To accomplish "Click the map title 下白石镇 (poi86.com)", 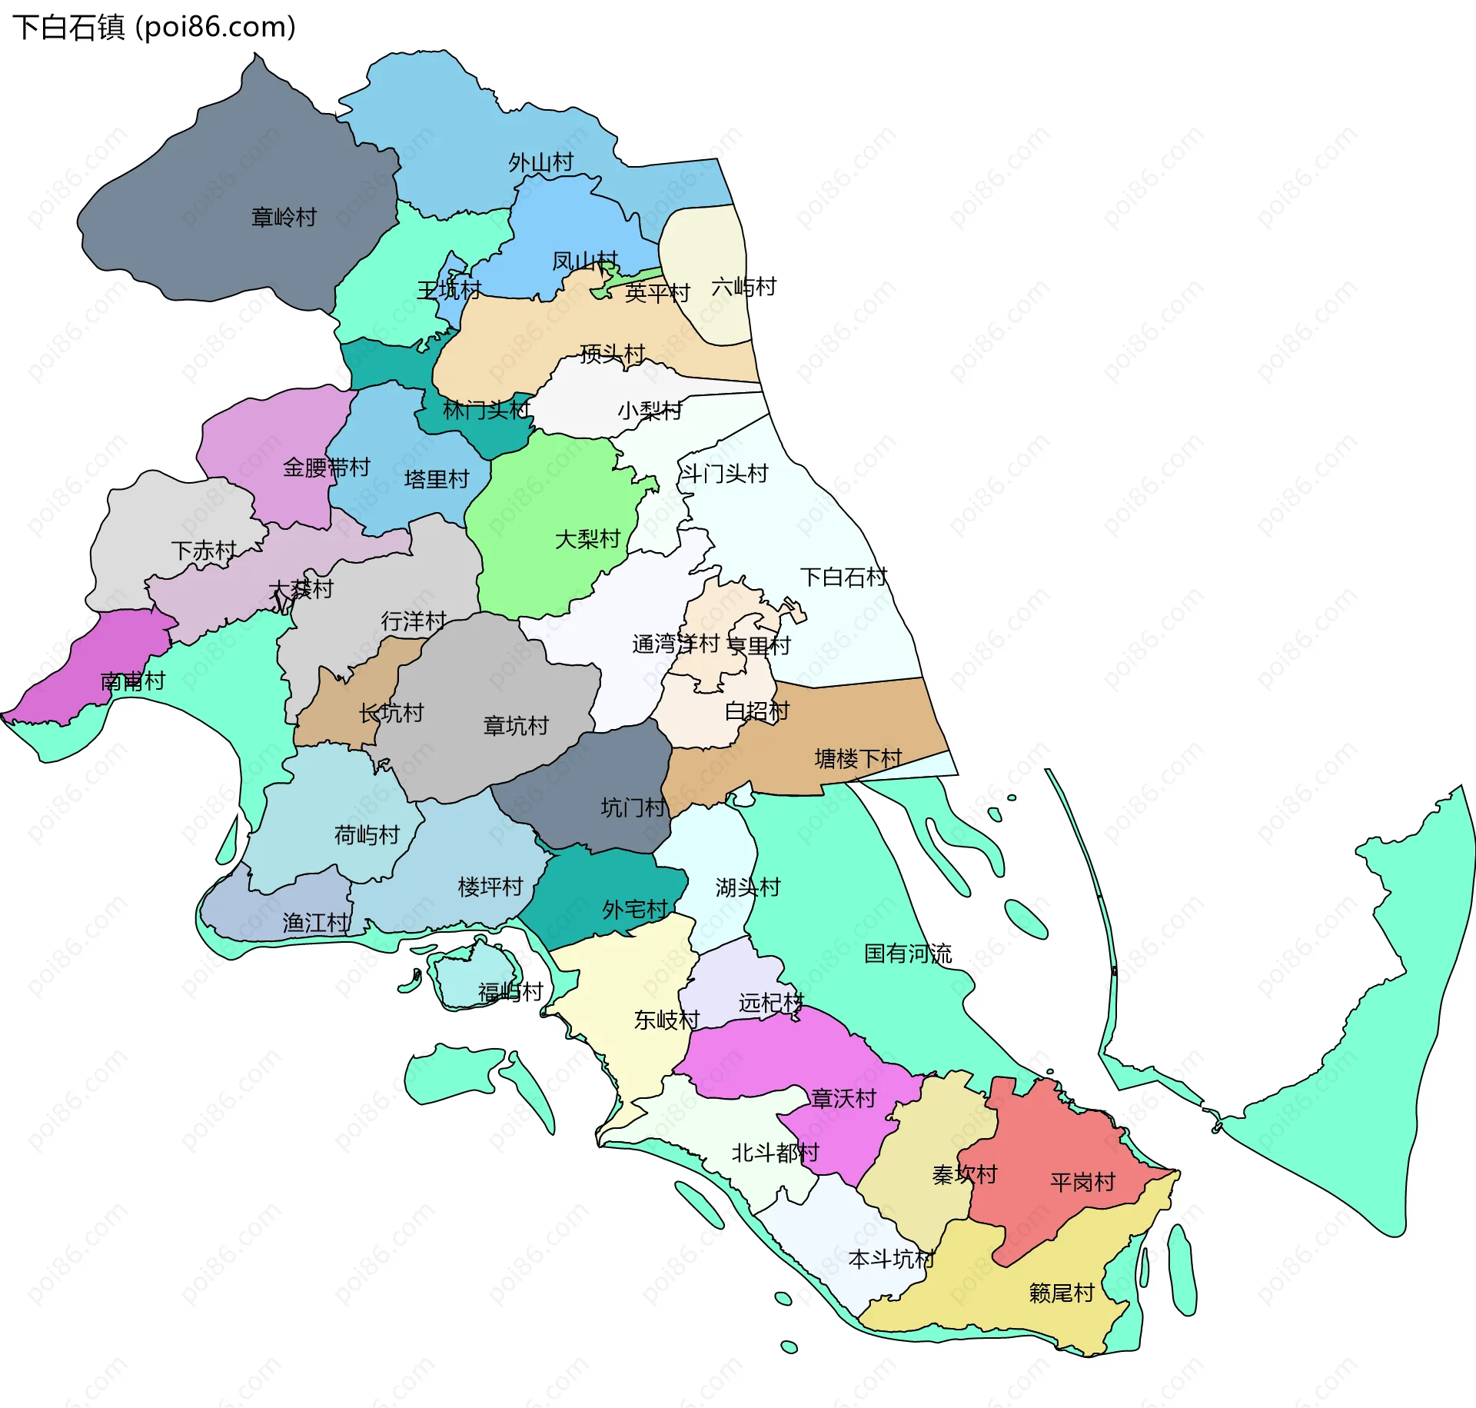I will (154, 28).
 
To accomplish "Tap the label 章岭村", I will (284, 218).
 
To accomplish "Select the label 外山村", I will (540, 162).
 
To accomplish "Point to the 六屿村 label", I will (743, 287).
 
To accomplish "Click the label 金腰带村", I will (326, 467).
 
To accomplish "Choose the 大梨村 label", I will (587, 539).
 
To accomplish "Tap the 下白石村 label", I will (843, 577).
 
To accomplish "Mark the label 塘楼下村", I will (858, 759).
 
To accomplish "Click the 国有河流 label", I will (908, 954).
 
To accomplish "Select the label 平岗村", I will (1082, 1182).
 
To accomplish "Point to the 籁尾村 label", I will (1061, 1293).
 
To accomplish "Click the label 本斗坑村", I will (891, 1259).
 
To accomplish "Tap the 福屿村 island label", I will (510, 992).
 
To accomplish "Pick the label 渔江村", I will (315, 922).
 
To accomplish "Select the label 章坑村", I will (515, 725).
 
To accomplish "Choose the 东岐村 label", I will (667, 1020).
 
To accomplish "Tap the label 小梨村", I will (650, 411).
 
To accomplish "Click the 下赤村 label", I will (204, 551).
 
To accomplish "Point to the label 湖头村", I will (747, 887).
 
